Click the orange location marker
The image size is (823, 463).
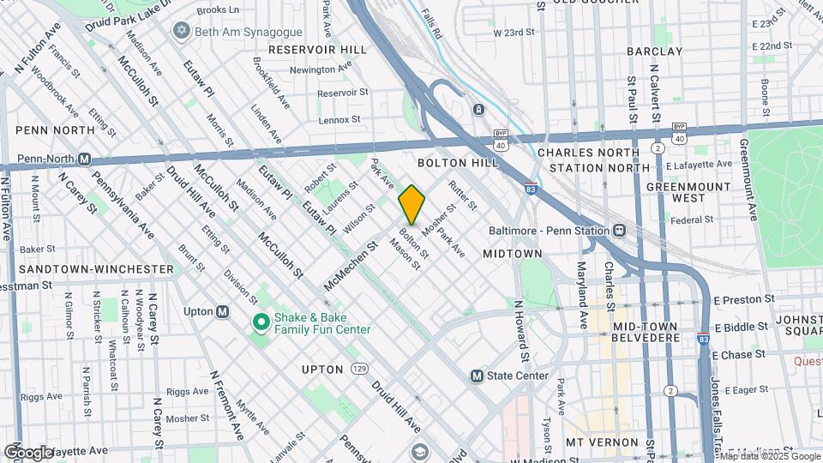(x=411, y=204)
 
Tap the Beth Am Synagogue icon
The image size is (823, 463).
(x=180, y=31)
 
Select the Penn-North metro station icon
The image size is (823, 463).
(x=84, y=159)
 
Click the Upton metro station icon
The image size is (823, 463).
(x=222, y=312)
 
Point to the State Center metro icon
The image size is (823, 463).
(x=478, y=376)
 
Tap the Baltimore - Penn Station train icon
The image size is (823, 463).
(x=618, y=231)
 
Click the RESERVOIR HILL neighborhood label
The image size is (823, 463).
(x=317, y=51)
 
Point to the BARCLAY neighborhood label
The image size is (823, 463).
(x=678, y=51)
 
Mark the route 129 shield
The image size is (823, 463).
(x=359, y=369)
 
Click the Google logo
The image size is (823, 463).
(x=28, y=452)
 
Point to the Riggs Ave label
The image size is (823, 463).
(x=187, y=391)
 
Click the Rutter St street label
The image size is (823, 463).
(x=462, y=196)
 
